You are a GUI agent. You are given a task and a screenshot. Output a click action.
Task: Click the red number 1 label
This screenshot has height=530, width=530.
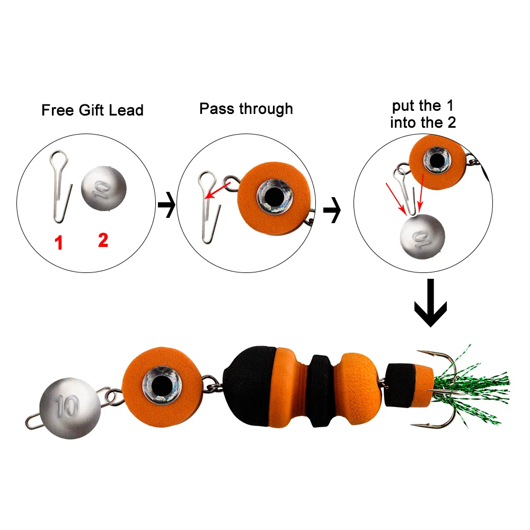[59, 243]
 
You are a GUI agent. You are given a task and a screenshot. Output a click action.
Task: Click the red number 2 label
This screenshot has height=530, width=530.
[103, 240]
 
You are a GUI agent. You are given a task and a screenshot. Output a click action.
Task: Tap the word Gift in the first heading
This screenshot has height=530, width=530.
[92, 110]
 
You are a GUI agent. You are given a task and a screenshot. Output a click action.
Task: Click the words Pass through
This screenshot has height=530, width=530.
[246, 109]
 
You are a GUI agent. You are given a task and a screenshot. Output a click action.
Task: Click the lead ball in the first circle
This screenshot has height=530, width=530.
[104, 188]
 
